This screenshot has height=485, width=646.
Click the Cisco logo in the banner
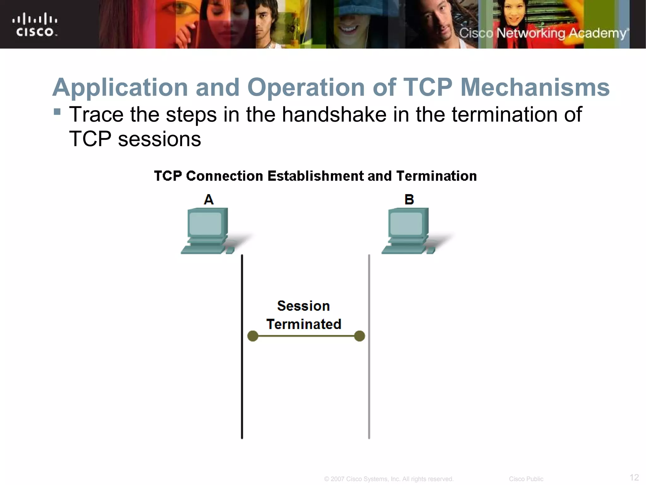(35, 25)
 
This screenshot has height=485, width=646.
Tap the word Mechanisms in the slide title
(535, 87)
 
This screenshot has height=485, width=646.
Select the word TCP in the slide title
(428, 87)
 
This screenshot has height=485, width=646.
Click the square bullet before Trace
(57, 112)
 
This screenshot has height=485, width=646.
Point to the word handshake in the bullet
(334, 114)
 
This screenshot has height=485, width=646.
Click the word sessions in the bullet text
(159, 139)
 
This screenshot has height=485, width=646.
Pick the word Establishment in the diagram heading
(315, 176)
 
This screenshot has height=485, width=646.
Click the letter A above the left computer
(208, 200)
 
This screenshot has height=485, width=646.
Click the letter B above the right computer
(409, 200)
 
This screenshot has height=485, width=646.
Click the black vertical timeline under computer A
(242, 379)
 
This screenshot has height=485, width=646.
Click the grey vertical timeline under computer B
(369, 379)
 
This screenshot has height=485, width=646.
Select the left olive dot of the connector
(253, 336)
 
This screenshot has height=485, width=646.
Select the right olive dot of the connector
(360, 336)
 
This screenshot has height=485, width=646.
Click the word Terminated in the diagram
(304, 324)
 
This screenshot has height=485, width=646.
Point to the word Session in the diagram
(303, 306)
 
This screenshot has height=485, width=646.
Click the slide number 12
(634, 477)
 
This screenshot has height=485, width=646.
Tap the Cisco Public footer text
(526, 479)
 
